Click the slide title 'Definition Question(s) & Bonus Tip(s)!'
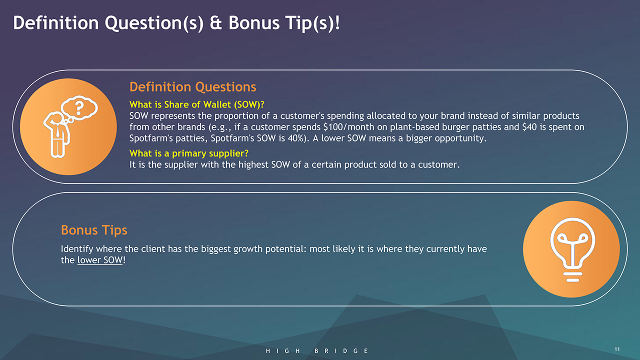[x=176, y=23]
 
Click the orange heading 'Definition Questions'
[x=193, y=87]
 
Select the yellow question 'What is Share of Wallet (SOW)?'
[x=197, y=104]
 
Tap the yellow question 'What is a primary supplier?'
[x=189, y=153]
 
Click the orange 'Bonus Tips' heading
[x=94, y=230]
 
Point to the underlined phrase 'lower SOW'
[x=100, y=260]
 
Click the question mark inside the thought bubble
[x=79, y=107]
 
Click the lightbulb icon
[x=572, y=249]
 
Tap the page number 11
[x=617, y=349]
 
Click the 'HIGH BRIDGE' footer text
[x=317, y=351]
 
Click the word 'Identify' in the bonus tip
[x=77, y=249]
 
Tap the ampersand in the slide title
[x=215, y=23]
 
